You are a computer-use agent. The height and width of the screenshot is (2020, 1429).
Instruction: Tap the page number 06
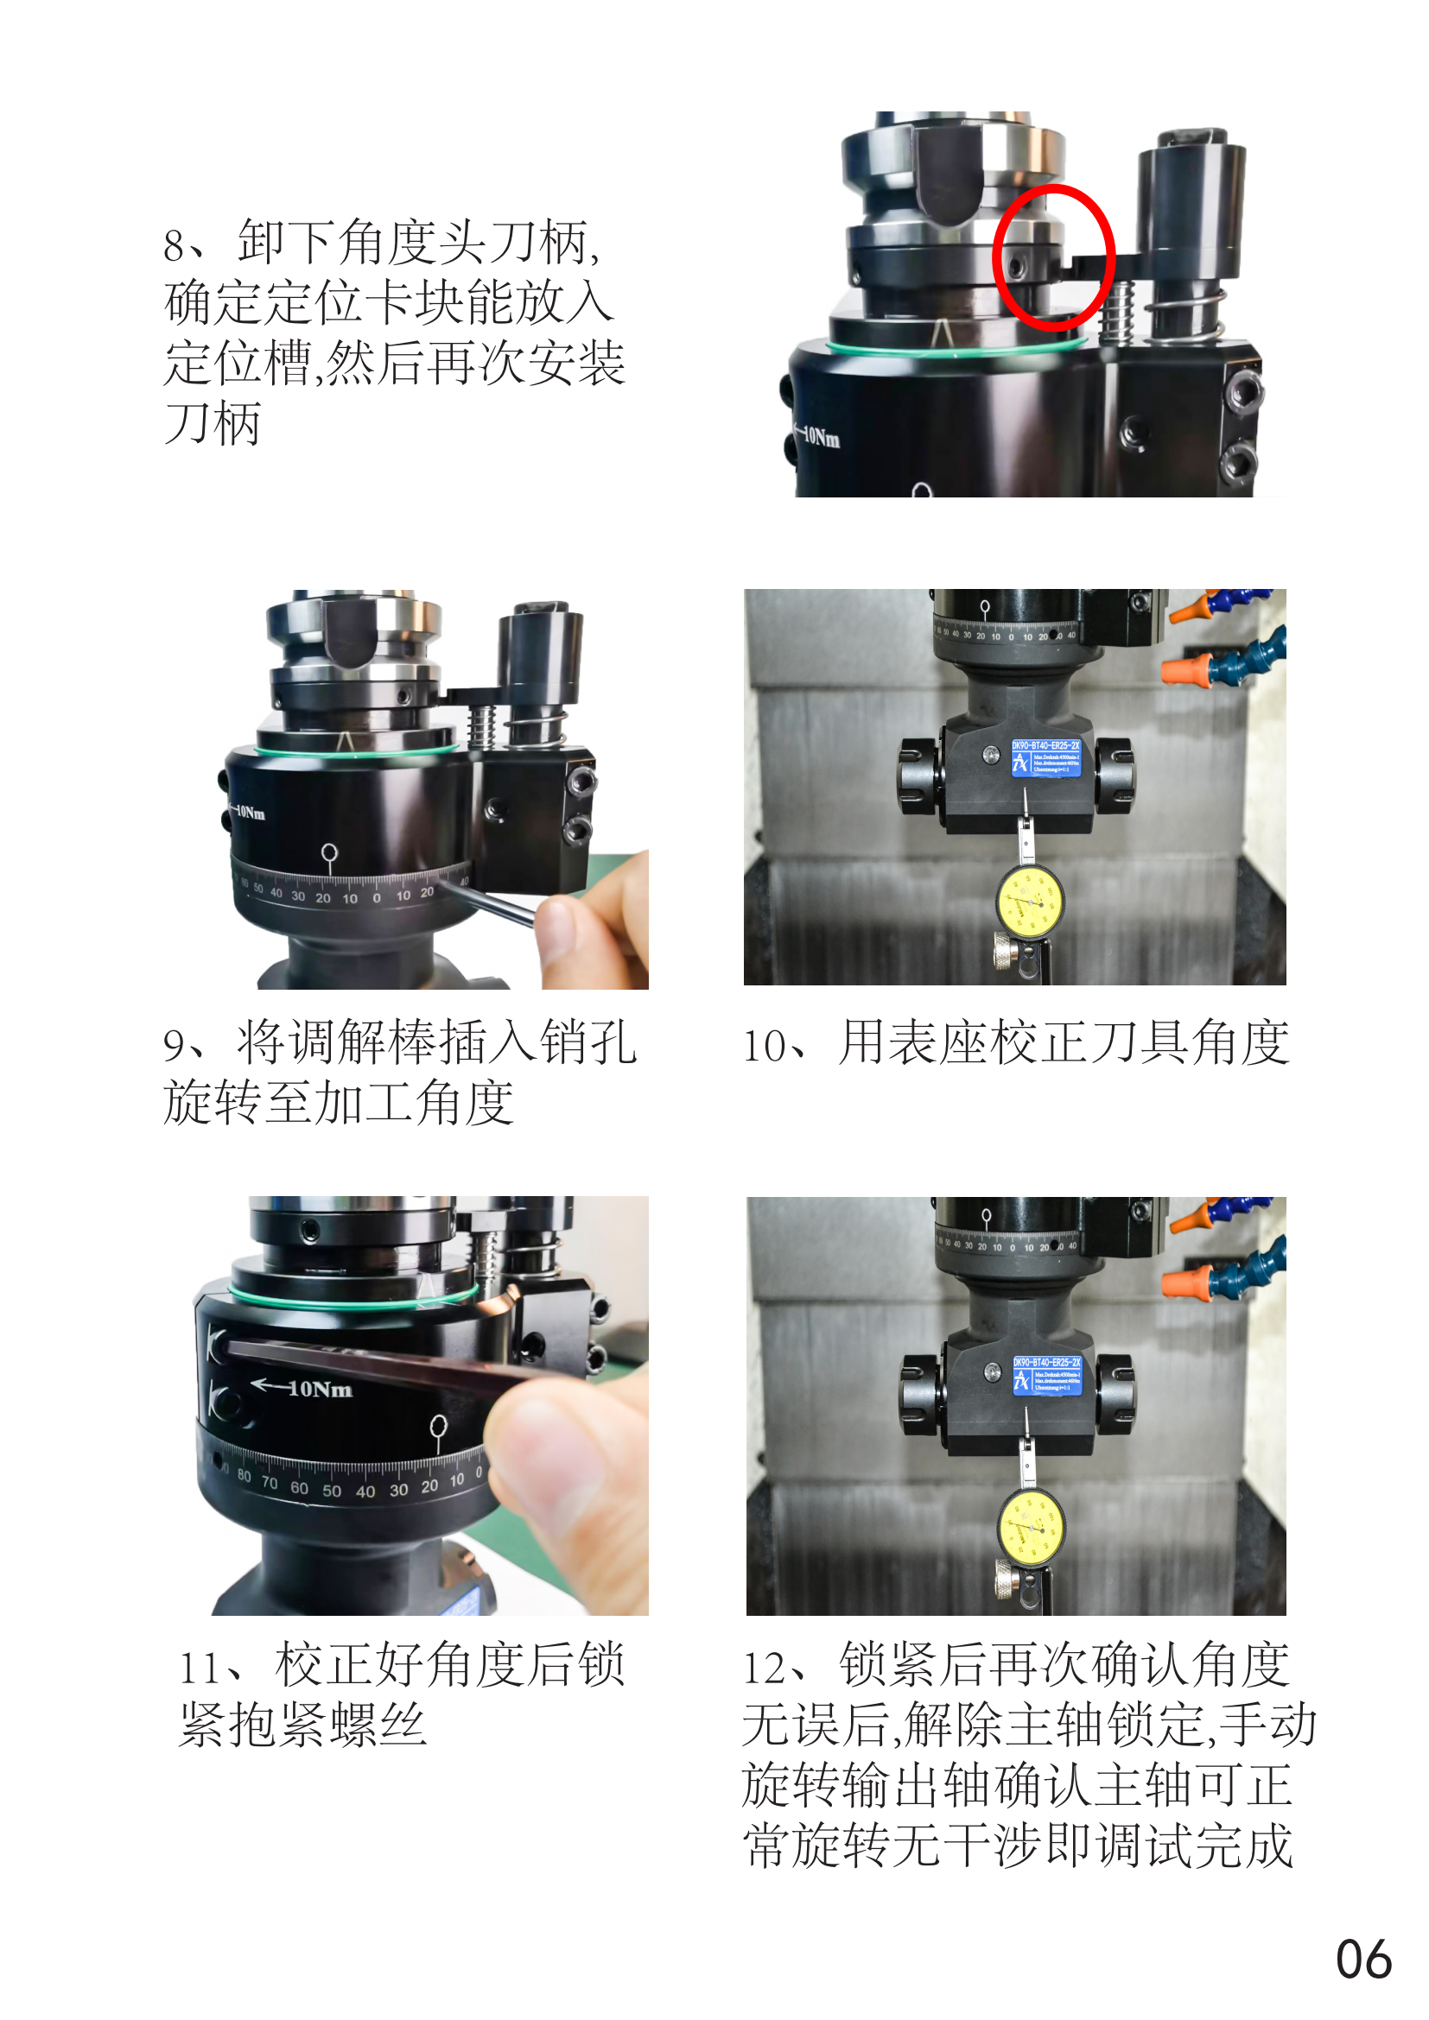[1363, 1960]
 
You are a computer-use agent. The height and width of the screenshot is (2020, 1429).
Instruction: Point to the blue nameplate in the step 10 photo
[1045, 757]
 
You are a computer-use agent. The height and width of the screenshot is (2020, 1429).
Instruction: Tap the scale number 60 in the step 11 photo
[299, 1488]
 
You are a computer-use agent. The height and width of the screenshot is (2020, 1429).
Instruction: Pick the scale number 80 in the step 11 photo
[244, 1475]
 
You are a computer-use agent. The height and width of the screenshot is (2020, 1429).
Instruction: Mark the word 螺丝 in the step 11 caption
[378, 1724]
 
